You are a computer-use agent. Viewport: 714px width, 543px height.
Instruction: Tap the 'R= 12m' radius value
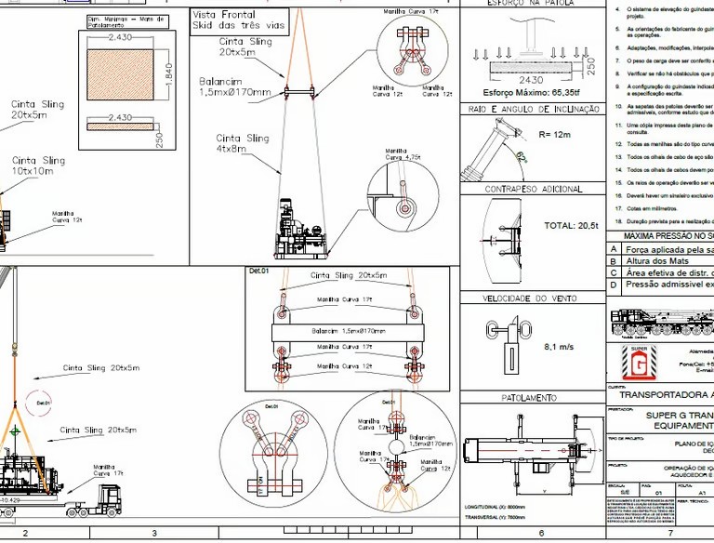555,134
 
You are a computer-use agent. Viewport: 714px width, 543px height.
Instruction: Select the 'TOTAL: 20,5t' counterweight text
571,226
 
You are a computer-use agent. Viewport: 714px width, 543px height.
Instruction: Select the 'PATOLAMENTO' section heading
529,398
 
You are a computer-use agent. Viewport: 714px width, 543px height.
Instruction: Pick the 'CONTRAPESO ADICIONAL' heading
534,190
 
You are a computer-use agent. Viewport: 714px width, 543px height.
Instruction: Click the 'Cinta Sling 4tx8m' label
243,143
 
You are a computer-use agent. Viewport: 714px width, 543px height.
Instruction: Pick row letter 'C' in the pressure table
613,274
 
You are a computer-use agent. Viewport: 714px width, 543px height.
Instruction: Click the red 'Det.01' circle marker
42,404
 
